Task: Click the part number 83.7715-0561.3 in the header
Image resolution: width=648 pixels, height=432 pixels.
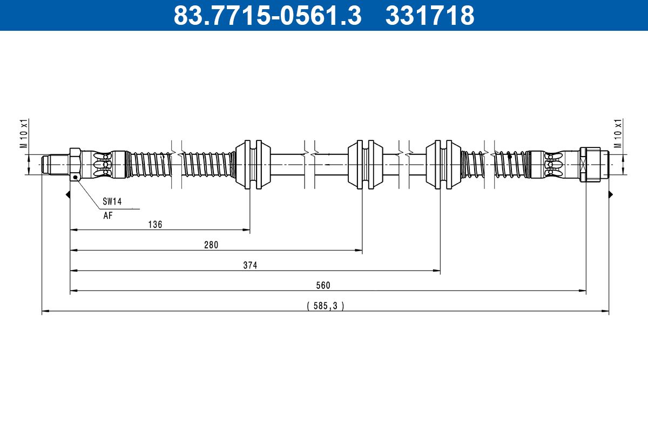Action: point(267,16)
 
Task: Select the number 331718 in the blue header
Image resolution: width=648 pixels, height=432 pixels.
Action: point(429,16)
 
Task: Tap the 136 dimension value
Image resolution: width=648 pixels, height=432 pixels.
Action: point(155,225)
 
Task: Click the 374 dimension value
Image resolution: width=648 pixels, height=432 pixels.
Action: point(250,265)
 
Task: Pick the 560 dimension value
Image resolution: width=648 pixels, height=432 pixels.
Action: point(323,285)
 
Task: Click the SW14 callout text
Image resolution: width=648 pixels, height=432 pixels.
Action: point(112,202)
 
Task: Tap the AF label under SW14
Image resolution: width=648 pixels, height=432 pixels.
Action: point(108,215)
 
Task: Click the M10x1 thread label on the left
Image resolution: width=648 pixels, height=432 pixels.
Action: point(24,133)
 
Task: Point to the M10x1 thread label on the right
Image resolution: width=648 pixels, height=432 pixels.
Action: point(618,133)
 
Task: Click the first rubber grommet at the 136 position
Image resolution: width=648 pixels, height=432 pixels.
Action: point(252,164)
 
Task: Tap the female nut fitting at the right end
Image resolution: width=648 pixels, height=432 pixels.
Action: point(593,164)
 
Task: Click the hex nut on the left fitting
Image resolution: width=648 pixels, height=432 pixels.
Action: point(75,164)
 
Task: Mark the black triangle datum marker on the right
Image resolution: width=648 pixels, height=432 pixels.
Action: point(611,194)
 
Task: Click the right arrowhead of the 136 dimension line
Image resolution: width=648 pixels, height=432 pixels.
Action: point(247,230)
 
